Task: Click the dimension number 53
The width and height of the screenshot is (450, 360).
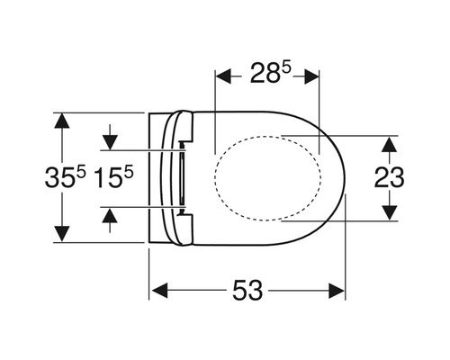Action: pos(247,291)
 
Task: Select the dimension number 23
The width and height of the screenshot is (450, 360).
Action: pos(389,177)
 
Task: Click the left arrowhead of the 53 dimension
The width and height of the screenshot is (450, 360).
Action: pos(160,291)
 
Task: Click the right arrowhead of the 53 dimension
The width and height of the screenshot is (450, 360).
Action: pos(337,291)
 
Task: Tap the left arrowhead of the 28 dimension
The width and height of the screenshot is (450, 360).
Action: pos(223,76)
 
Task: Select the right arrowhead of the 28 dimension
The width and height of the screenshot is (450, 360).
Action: pos(311,76)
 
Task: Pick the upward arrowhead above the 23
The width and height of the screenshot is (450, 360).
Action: pos(390,144)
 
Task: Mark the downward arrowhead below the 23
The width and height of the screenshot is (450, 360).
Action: pos(390,212)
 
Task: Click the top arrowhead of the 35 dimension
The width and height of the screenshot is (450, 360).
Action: pos(62,121)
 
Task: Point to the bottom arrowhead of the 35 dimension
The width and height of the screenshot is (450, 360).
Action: pos(62,234)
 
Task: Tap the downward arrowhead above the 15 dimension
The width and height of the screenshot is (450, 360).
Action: pos(110,142)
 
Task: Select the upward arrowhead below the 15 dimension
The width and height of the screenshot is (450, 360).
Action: pos(110,215)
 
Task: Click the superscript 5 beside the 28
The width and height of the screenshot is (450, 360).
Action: pos(287,68)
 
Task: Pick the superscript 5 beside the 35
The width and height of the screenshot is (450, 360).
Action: pos(81,174)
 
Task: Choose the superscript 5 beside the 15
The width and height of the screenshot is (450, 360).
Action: pos(129,174)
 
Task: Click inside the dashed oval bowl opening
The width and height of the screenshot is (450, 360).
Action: pos(268,178)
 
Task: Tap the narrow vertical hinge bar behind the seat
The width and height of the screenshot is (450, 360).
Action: pos(182,178)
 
